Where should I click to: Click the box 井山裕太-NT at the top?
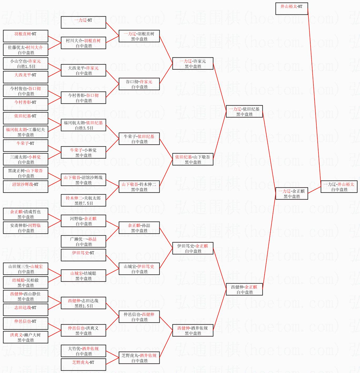[291, 9]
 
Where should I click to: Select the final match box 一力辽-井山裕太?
[339, 187]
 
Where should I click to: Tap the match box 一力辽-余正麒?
[291, 194]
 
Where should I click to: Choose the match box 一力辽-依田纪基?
[244, 112]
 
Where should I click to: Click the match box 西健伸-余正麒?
[244, 290]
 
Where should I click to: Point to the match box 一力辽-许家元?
[192, 64]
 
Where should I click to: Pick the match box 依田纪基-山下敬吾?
[192, 160]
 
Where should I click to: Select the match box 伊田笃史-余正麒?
[192, 248]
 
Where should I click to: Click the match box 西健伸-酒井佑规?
[192, 331]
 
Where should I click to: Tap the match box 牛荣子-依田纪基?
[139, 139]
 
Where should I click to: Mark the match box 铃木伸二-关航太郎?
[83, 201]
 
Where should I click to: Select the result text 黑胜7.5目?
[84, 203]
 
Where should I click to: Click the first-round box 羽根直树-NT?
[26, 36]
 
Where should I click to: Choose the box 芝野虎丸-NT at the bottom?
[83, 365]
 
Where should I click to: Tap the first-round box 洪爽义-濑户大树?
[26, 337]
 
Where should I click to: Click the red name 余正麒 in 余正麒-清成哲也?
[16, 212]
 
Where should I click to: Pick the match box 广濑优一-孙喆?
[83, 242]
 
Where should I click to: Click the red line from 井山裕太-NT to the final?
[314, 97]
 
